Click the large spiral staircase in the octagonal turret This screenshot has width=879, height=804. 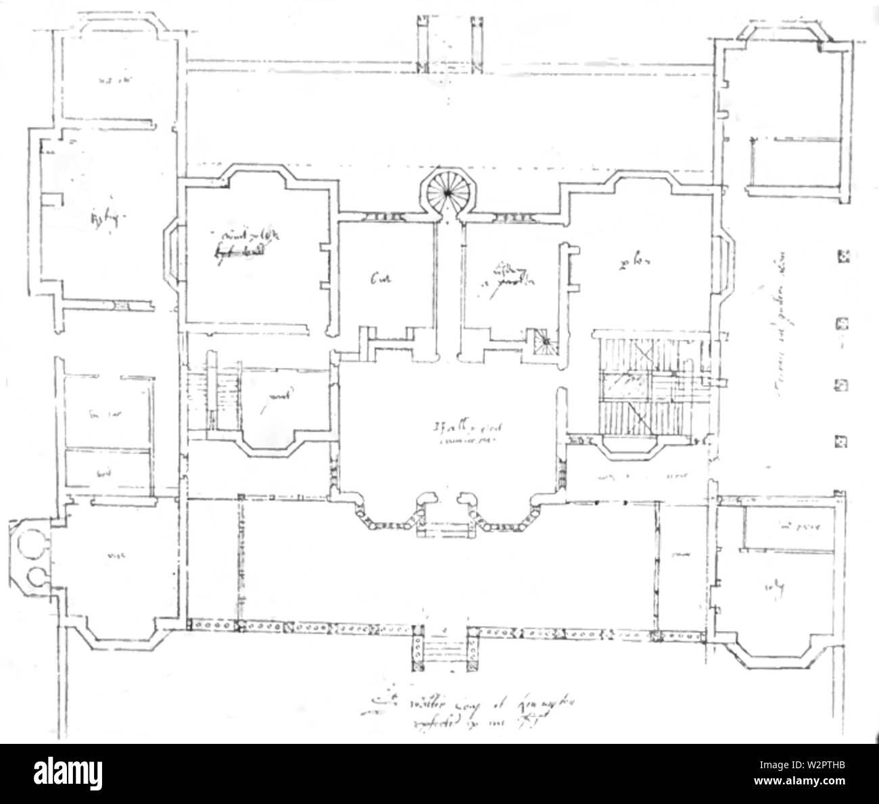(446, 191)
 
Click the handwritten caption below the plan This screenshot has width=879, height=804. (446, 709)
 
